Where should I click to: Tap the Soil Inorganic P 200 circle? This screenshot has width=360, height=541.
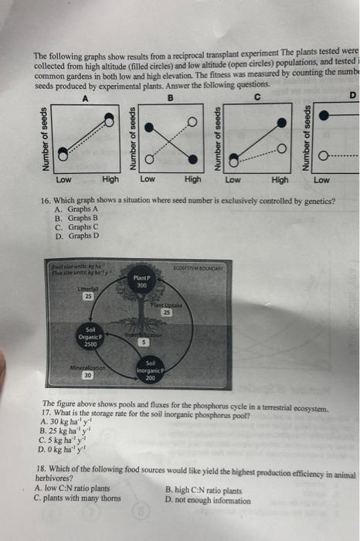[x=151, y=372]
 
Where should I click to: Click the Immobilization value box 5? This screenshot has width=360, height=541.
[x=144, y=342]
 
